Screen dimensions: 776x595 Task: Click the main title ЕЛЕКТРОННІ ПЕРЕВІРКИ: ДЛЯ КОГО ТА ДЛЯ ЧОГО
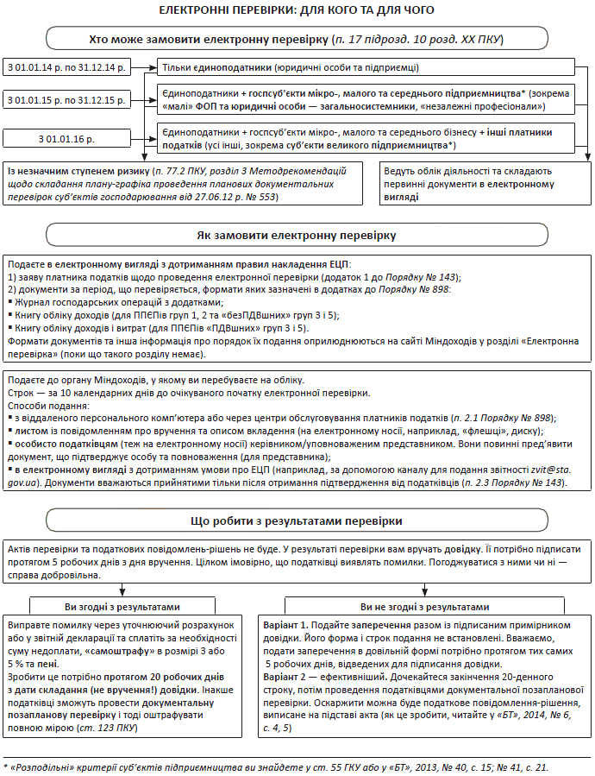tap(297, 10)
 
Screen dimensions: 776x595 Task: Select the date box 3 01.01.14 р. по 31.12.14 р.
tap(66, 67)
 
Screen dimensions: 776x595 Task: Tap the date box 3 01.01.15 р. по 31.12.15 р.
tap(66, 99)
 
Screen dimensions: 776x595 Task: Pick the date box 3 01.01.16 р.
tap(66, 137)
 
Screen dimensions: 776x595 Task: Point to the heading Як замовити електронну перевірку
tap(297, 235)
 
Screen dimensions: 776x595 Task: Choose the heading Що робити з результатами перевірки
tap(297, 521)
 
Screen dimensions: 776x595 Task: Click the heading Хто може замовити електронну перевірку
tap(297, 40)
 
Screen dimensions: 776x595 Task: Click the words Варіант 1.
tap(310, 624)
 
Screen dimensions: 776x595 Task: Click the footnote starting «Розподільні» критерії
tap(276, 766)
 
